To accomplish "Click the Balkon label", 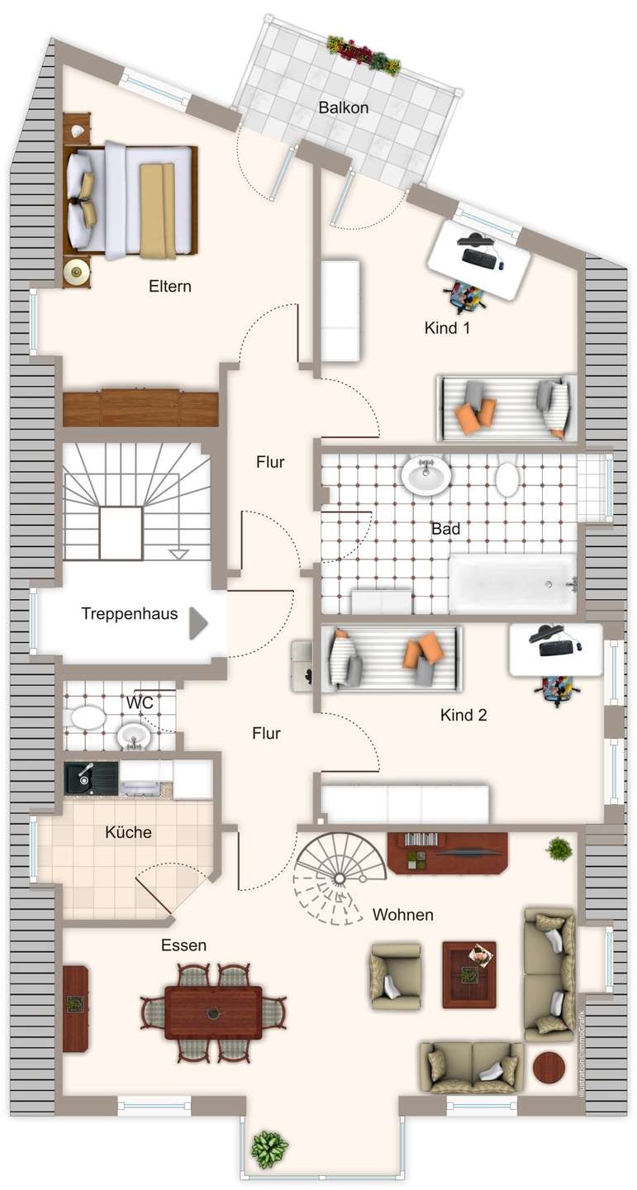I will pos(343,107).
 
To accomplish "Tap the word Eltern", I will pos(169,287).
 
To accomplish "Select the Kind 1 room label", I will pos(447,328).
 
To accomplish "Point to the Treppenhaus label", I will pos(129,614).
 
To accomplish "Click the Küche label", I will pos(128,832).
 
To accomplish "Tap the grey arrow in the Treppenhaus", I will pos(198,623).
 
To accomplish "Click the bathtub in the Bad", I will pos(512,583).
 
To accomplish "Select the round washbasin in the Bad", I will pos(426,475).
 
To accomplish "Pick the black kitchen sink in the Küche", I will pos(91,778).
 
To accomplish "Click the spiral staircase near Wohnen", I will pos(339,876).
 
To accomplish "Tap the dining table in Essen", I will pos(213,1012).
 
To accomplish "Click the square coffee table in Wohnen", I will pos(469,974).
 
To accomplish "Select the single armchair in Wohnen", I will pos(395,977).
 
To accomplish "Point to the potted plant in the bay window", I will pos(269,1150).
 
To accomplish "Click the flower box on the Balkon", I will pos(364,55).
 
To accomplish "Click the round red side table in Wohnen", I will pos(548,1068).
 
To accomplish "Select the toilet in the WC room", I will pos(88,716).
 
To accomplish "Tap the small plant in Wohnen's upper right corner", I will pos(559,849).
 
